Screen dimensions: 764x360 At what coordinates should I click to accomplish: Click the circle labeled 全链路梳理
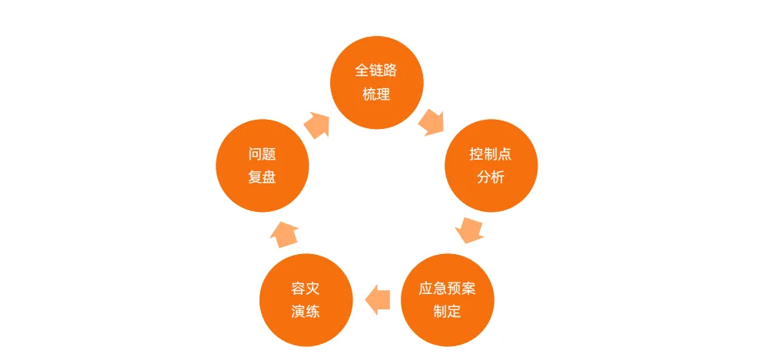coord(376,82)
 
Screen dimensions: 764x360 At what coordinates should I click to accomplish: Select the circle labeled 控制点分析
coord(491,166)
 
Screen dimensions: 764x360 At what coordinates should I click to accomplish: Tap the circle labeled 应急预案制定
coord(448,300)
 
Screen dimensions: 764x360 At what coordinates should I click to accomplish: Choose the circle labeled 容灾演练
coord(306,300)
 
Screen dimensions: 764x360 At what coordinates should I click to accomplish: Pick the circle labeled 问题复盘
coord(262,166)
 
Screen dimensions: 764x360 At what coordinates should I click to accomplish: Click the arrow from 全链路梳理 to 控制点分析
coord(432,121)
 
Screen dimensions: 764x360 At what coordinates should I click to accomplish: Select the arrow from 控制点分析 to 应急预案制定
coord(469,230)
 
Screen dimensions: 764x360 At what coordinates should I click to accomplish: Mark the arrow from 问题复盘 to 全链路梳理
coord(317,124)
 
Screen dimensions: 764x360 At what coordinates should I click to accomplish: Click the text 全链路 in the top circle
coord(376,71)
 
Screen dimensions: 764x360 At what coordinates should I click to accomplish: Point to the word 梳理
coord(376,94)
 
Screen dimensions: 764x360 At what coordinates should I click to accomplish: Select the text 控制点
coord(491,154)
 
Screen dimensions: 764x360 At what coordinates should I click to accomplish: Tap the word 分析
coord(491,178)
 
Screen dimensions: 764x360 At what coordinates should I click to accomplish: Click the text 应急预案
coord(448,289)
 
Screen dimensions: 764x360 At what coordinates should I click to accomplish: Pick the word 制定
coord(448,312)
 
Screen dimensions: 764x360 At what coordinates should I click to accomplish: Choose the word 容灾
coord(306,289)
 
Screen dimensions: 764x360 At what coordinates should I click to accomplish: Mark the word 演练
coord(306,312)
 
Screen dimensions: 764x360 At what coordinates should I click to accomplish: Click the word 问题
coord(262,154)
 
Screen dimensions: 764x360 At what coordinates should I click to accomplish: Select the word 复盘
coord(262,178)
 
